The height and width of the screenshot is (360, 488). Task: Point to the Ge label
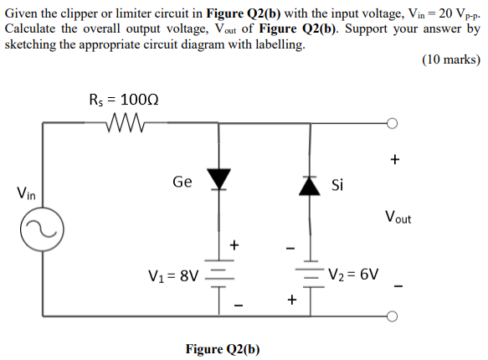[x=182, y=181]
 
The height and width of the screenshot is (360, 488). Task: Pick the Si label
[x=338, y=184]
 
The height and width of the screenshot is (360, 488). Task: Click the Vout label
[x=398, y=219]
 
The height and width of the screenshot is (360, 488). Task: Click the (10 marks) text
[x=451, y=59]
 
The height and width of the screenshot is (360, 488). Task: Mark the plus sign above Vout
[x=395, y=158]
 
